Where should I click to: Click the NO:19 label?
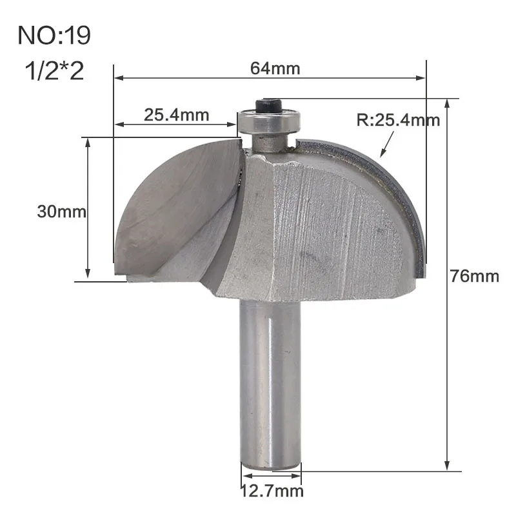tap(54, 35)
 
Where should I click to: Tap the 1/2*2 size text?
tap(55, 71)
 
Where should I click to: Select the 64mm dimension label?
tap(275, 69)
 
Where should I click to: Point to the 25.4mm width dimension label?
tap(176, 115)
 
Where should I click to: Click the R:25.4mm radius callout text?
tap(398, 120)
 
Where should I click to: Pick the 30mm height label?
tap(61, 212)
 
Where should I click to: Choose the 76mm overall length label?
tap(475, 276)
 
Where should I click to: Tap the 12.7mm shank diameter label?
tap(272, 491)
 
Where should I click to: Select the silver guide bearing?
tap(269, 121)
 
